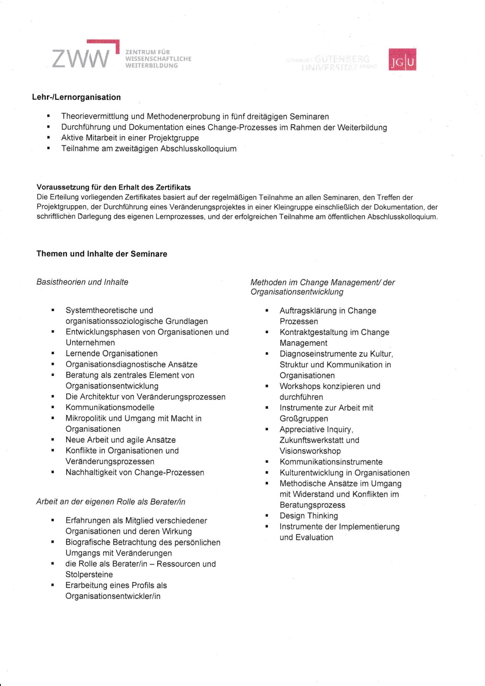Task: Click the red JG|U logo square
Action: (402, 60)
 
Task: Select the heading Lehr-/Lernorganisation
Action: (76, 97)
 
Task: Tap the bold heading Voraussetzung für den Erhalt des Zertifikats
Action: (114, 187)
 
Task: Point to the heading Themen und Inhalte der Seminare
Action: (102, 254)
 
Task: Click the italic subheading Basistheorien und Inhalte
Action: (82, 282)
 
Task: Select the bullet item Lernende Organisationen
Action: (111, 353)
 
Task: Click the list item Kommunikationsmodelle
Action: (110, 407)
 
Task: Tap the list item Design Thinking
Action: (309, 516)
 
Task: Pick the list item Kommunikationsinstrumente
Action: (331, 462)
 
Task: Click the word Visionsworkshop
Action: (310, 451)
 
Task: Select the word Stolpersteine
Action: (89, 574)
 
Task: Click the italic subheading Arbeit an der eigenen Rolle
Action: (111, 501)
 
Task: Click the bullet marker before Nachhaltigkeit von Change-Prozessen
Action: (53, 472)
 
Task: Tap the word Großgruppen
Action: (304, 419)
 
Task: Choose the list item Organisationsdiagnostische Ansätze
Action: (131, 364)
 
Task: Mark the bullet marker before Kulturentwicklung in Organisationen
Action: (267, 472)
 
